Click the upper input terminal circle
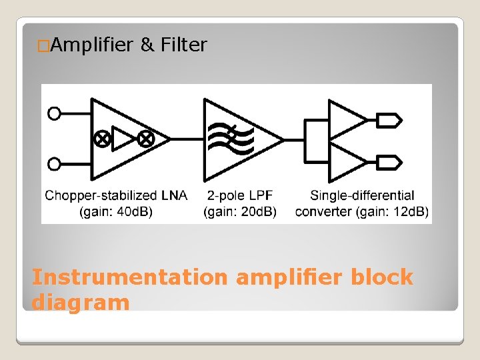54,113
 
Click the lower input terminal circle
54,163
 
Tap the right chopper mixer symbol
145,139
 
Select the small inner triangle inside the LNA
123,139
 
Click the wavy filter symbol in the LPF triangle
231,138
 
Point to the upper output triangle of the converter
347,120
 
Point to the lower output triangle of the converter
347,161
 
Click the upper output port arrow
390,120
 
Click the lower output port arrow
390,161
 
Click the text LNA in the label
175,196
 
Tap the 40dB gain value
133,212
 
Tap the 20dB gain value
257,212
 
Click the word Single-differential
362,196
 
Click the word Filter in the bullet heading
184,45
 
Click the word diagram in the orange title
80,302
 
